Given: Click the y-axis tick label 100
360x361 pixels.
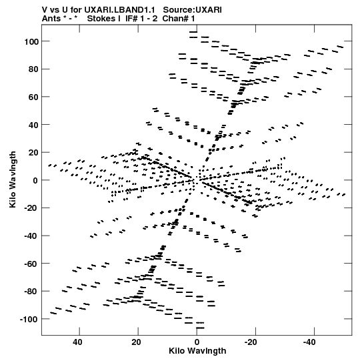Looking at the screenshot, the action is click(31, 41).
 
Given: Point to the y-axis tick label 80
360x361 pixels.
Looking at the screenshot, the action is click(33, 69).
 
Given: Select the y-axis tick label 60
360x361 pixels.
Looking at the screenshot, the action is click(33, 97).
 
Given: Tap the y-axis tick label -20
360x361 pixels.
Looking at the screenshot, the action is click(31, 208).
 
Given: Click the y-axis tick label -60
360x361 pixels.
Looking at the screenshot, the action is click(31, 264).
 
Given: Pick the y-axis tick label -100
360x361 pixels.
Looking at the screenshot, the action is click(29, 320).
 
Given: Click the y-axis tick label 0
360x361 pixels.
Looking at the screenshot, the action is click(35, 180).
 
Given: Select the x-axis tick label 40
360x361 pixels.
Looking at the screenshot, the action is click(77, 342).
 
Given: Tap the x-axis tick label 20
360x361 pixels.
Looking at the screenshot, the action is click(136, 342).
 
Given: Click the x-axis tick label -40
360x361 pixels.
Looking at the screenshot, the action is click(309, 342).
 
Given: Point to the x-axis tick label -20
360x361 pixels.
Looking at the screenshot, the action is click(251, 342).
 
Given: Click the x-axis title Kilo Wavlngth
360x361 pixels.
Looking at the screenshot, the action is click(197, 351).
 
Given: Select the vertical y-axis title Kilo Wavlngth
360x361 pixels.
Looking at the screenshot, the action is click(13, 179).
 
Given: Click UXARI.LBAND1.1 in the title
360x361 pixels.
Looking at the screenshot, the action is click(119, 10).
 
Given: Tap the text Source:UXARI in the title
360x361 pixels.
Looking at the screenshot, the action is click(192, 10).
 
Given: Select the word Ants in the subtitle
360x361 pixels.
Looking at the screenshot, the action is click(51, 19).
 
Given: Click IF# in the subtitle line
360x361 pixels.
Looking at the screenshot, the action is click(131, 19).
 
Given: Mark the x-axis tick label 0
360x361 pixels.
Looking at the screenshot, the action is click(197, 342).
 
